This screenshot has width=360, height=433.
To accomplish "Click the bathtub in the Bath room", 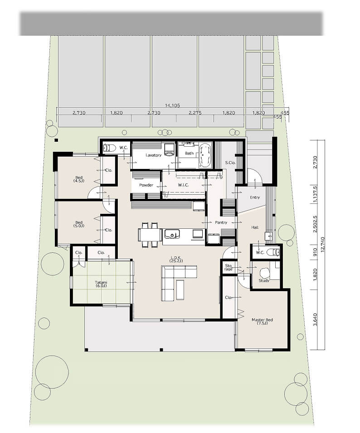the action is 205,155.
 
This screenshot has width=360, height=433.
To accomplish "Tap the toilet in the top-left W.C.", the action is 109,148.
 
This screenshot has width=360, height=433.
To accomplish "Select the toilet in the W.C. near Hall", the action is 275,252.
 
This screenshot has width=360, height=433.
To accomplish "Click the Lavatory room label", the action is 153,155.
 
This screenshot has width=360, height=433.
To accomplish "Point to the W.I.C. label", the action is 183,185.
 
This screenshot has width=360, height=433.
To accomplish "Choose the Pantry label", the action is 221,222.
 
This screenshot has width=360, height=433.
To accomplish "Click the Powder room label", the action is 146,185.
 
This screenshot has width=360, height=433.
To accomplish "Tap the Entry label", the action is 255,197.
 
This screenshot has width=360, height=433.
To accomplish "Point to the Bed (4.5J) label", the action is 79,179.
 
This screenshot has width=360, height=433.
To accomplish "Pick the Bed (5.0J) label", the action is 79,224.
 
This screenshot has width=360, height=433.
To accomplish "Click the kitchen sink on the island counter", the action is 172,234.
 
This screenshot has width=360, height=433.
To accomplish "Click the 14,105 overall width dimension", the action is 172,105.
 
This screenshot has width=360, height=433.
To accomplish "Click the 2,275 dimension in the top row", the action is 195,113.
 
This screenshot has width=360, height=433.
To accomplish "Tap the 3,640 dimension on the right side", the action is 316,319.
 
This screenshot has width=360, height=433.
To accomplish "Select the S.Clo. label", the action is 230,163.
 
